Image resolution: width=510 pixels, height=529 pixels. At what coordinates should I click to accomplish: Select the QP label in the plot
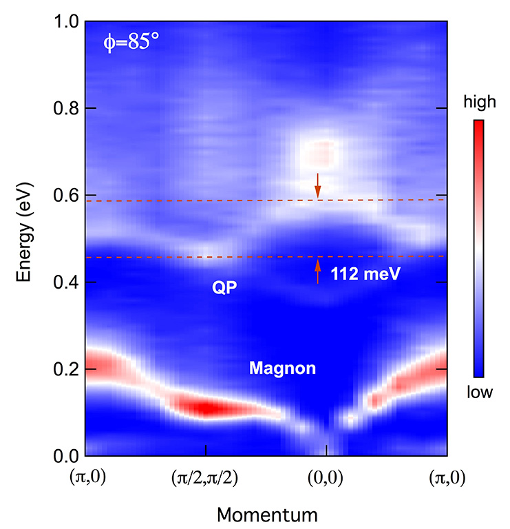(224, 288)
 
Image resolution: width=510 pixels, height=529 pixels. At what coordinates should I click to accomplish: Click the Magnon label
(282, 369)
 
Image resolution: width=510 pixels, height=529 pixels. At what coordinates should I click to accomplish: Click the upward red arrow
(317, 271)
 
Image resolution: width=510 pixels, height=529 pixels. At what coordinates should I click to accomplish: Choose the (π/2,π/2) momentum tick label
(205, 477)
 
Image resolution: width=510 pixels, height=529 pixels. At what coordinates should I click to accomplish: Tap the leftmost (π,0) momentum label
(85, 477)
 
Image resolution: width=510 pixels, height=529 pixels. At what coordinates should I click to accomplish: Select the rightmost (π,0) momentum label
(446, 477)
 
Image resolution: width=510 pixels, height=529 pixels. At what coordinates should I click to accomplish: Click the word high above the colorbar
(479, 103)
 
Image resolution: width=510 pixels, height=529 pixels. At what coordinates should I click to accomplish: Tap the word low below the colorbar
(479, 393)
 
